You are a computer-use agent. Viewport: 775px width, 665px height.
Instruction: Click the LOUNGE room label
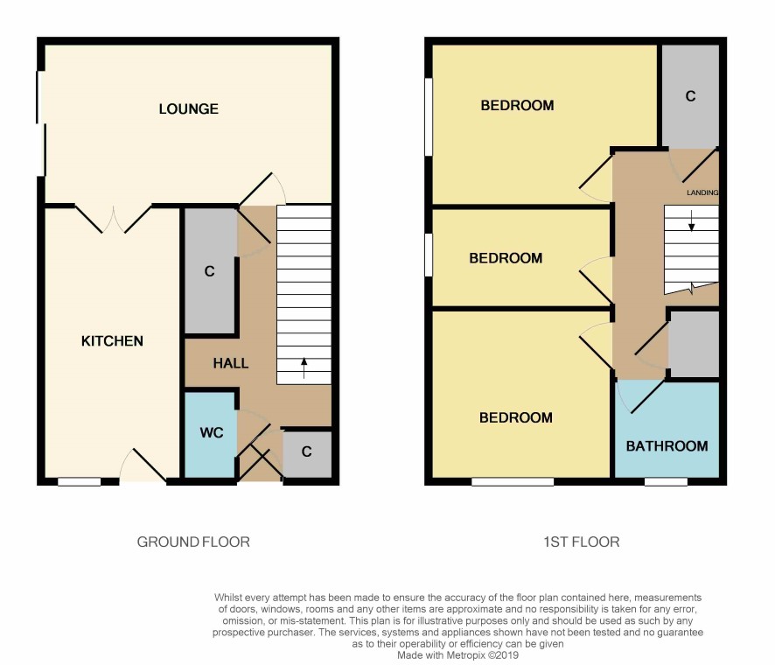point(188,108)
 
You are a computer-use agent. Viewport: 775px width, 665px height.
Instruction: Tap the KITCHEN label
point(112,341)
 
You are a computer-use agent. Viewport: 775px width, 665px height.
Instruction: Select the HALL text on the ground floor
point(230,363)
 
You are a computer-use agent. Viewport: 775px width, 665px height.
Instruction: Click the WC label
point(212,433)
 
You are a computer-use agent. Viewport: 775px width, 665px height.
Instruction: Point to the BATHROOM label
point(667,446)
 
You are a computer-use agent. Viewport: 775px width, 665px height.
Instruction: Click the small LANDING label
point(702,192)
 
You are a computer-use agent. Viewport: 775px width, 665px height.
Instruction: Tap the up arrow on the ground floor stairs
point(304,367)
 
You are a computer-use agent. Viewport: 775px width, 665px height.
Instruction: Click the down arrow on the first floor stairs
point(692,220)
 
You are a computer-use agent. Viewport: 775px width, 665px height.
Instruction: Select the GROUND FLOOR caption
point(193,542)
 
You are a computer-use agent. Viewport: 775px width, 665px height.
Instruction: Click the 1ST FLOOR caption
point(581,542)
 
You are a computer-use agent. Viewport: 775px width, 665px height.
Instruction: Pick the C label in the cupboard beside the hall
point(210,271)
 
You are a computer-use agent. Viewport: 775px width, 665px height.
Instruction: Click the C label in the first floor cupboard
point(690,96)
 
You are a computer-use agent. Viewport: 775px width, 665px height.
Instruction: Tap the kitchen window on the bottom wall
point(79,481)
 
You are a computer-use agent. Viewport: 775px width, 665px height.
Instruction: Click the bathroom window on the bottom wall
point(666,481)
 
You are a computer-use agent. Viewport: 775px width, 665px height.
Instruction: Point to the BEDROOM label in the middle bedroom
point(506,258)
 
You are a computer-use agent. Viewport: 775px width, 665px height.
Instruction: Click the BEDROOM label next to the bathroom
point(516,417)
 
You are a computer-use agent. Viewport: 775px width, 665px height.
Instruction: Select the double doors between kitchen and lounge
point(113,219)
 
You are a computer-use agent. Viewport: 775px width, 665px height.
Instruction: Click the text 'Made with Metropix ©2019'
point(457,655)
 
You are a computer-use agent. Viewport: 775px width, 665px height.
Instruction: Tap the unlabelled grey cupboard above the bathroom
point(694,344)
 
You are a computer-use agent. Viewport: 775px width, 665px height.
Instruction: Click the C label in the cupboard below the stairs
point(306,451)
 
